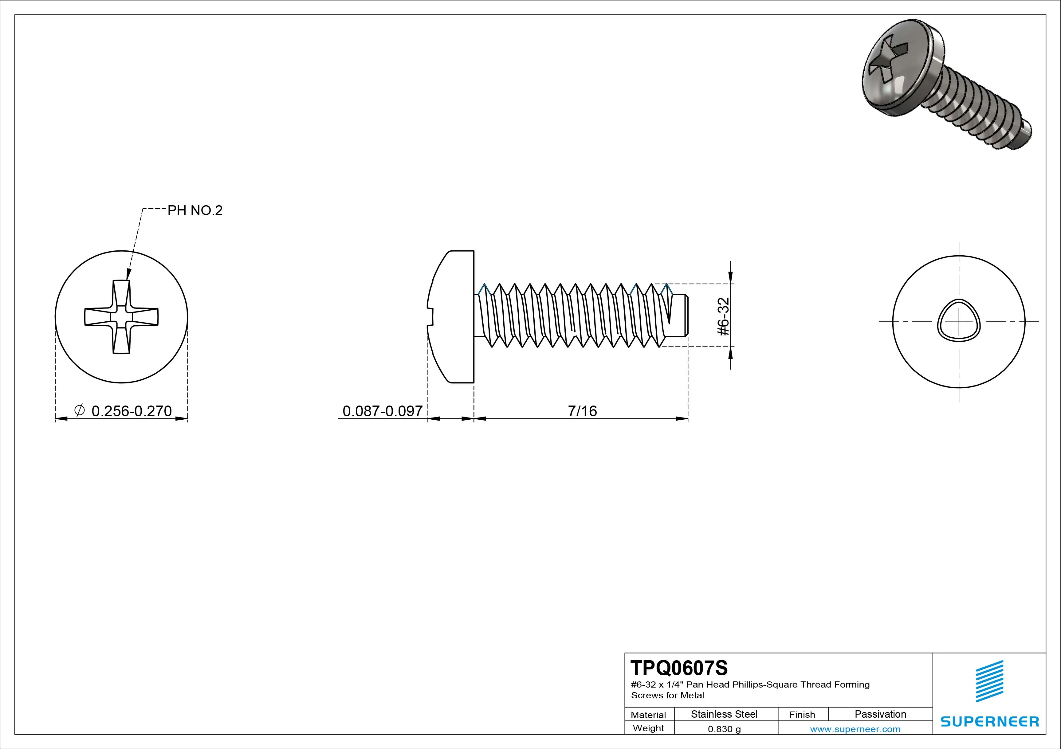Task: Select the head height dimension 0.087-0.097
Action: click(382, 411)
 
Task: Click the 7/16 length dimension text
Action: click(582, 411)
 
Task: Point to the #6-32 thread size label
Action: click(724, 316)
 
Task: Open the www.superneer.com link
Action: click(855, 729)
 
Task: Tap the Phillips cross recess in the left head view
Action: click(121, 317)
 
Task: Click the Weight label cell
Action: click(648, 728)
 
